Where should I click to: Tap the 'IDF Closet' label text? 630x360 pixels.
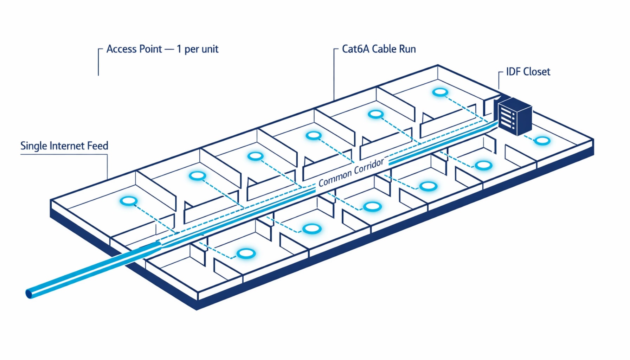528,72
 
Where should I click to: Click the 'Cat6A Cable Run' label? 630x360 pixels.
379,49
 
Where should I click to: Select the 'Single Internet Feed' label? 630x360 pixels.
64,146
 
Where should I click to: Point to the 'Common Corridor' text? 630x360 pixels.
351,173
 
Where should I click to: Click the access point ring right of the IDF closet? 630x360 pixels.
542,141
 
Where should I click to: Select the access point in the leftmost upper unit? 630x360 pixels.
128,201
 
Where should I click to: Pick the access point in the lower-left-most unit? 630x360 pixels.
246,253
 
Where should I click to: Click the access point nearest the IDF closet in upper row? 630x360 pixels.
440,92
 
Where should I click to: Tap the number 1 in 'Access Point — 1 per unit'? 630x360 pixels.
179,49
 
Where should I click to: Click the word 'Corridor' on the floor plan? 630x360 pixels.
369,167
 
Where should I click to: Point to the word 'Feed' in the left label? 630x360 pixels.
97,146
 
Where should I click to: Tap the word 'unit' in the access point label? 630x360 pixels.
210,49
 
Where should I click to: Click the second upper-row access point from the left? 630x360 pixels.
197,176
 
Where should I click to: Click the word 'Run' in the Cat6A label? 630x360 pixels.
408,49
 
